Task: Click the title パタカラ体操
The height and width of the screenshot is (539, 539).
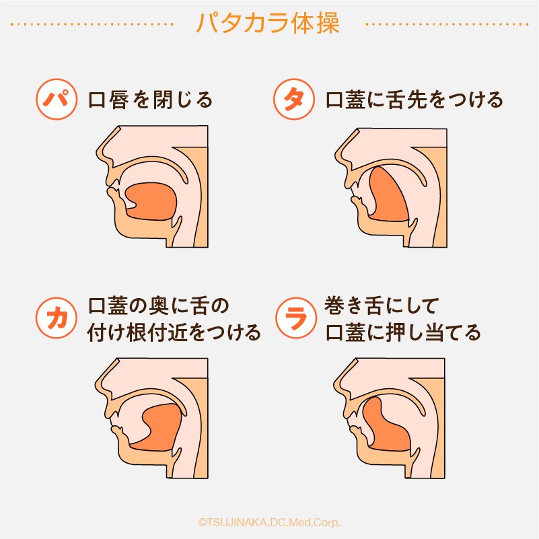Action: point(268,24)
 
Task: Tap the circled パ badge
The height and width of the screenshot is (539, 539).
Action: point(57,100)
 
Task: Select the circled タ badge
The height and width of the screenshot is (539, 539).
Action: point(294,100)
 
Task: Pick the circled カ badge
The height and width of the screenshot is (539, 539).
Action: point(57,318)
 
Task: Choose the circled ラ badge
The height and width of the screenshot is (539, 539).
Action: point(296,318)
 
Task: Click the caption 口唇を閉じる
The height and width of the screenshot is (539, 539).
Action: point(151,100)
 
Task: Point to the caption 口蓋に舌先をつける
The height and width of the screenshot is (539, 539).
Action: point(415,100)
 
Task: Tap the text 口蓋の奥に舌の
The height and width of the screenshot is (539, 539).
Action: point(158,306)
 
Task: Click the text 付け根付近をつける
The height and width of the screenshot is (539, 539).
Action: point(174,332)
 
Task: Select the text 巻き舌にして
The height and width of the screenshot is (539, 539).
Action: point(382,306)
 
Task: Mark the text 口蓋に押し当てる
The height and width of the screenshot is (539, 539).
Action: point(403,332)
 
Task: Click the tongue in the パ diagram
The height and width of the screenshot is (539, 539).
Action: point(151,201)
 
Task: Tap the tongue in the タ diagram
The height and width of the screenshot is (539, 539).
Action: point(389,194)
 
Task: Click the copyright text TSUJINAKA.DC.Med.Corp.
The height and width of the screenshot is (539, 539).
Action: point(269,522)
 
